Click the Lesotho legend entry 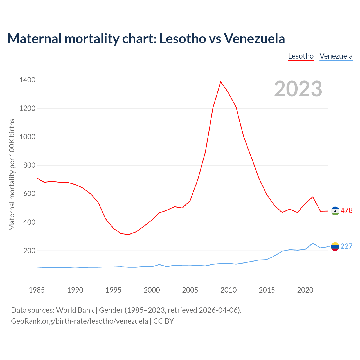coord(301,56)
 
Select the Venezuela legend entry coord(336,56)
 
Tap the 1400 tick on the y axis coord(27,80)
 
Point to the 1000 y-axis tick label coord(27,137)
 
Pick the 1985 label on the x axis coord(37,290)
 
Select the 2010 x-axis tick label coord(228,290)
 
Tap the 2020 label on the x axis coord(305,290)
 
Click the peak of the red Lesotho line coord(221,82)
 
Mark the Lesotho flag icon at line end coord(335,211)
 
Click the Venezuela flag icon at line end coord(335,247)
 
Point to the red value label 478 coord(346,211)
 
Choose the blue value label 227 coord(346,246)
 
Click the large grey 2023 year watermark coord(298,89)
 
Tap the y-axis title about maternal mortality coord(12,174)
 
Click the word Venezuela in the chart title coord(254,39)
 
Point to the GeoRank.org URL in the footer coord(79,321)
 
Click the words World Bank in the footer coord(75,310)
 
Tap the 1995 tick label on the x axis coord(113,290)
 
